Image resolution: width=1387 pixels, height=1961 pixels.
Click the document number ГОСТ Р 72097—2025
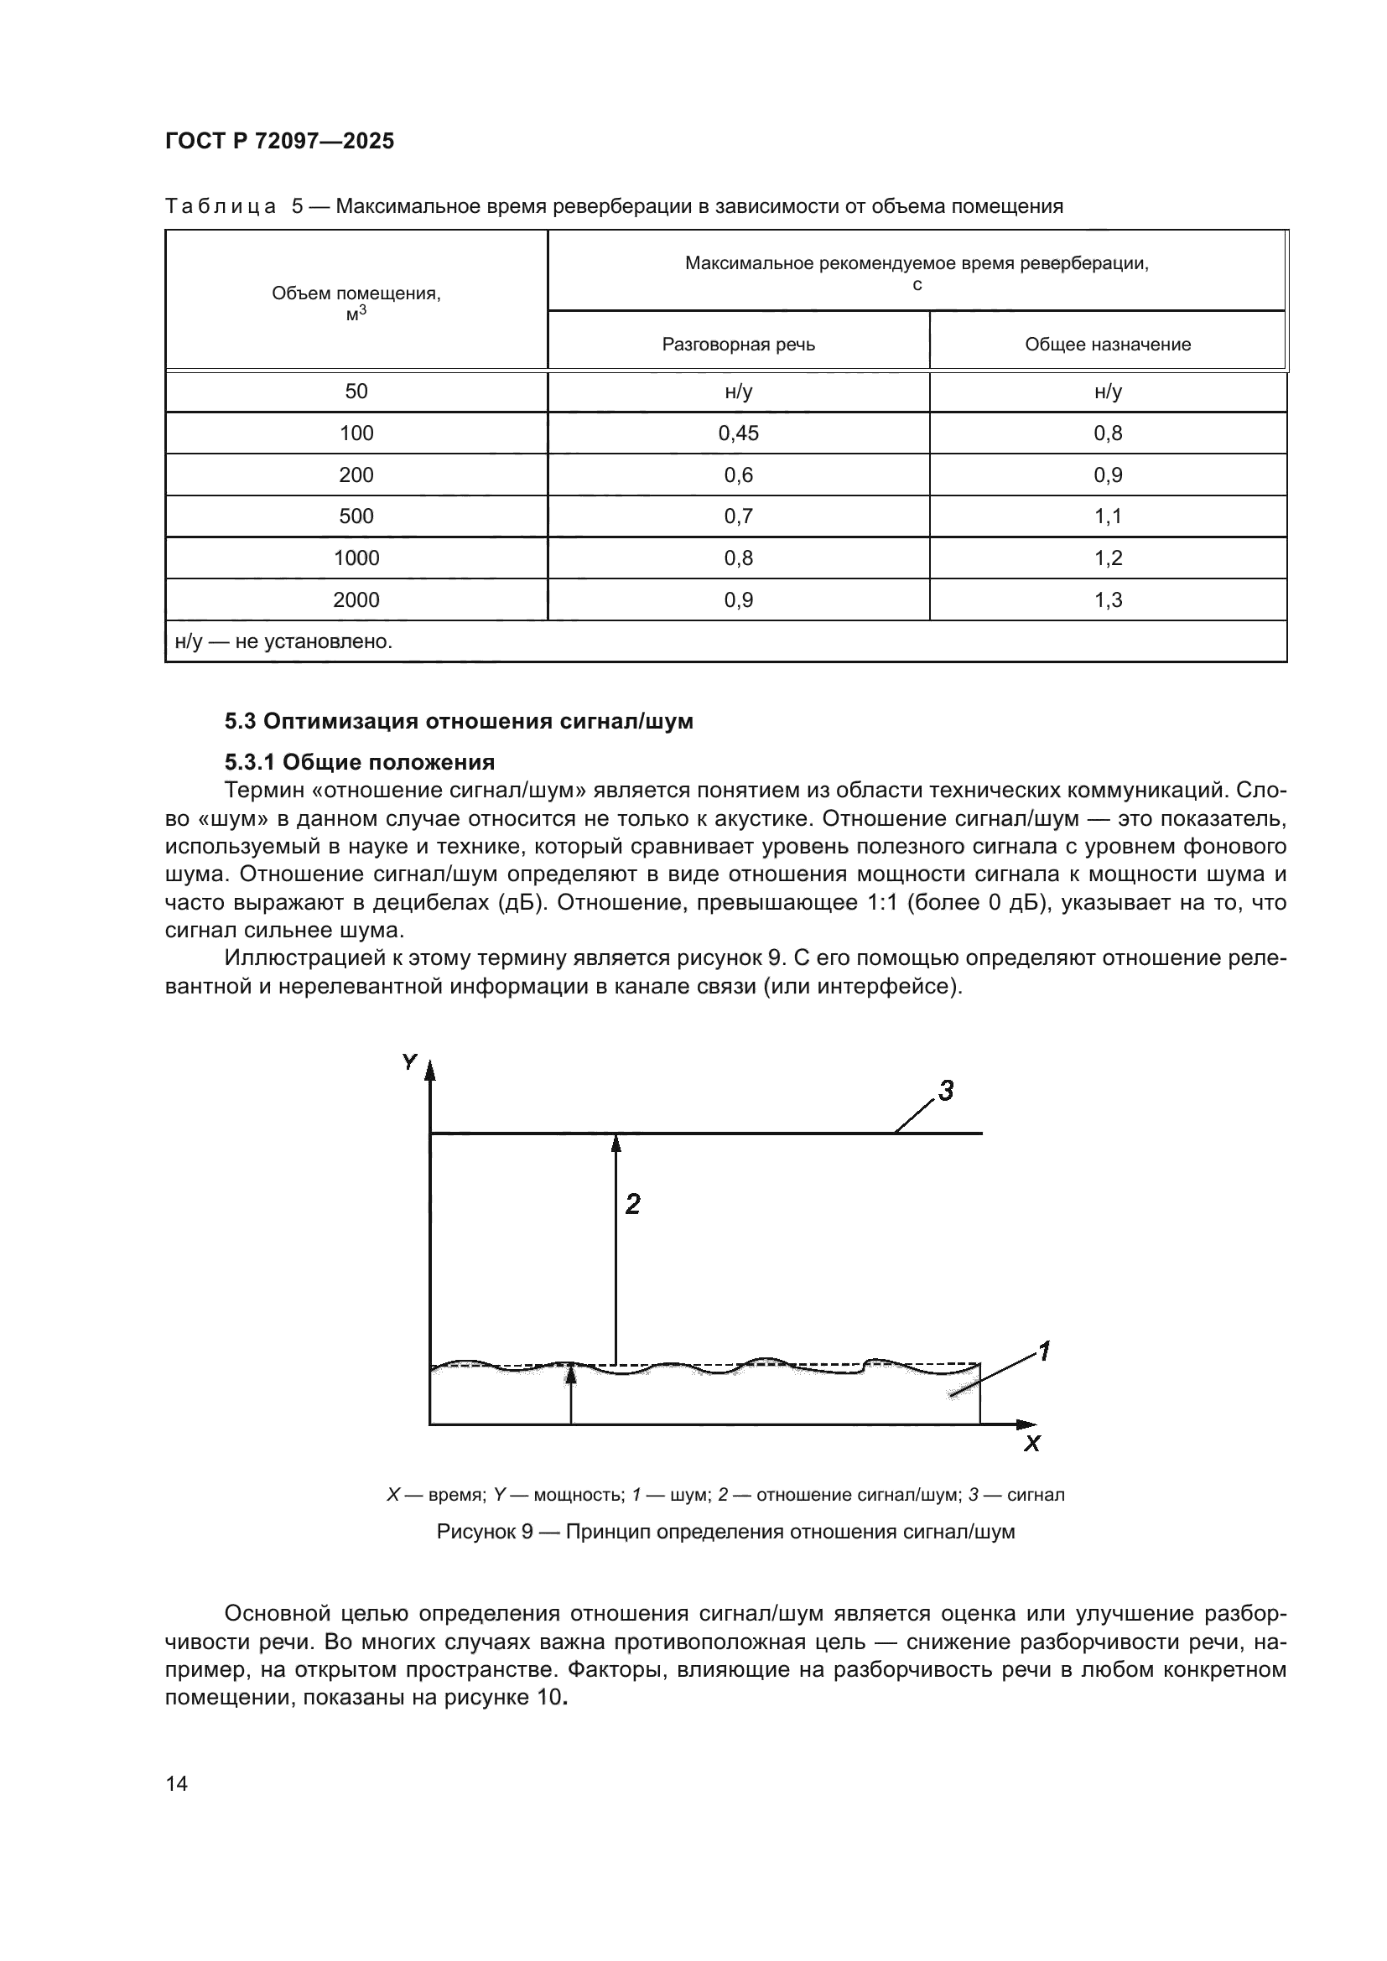point(279,141)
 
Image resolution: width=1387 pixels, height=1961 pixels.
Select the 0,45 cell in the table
point(738,433)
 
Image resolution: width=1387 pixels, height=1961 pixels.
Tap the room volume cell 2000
point(356,599)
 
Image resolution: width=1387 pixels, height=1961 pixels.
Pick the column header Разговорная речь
point(738,345)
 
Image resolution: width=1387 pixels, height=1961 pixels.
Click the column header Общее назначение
point(1107,345)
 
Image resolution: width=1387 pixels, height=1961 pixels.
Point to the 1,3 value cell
point(1108,599)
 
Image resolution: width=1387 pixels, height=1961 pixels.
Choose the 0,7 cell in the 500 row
point(738,516)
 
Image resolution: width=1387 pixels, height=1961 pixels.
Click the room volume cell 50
point(356,392)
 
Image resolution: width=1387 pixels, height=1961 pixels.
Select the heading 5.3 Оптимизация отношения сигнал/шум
point(459,722)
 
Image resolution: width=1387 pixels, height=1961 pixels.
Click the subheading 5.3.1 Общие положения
point(360,762)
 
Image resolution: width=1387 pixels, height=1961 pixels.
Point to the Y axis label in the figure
point(409,1061)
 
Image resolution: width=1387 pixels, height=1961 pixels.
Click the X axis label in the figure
point(1032,1444)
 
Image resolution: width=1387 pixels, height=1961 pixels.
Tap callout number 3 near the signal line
point(945,1091)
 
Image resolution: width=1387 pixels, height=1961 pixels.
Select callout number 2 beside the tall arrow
point(632,1204)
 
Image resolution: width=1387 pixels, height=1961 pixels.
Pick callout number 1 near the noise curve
point(1043,1351)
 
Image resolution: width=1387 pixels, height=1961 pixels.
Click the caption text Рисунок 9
point(484,1532)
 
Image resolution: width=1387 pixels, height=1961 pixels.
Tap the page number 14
point(177,1783)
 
